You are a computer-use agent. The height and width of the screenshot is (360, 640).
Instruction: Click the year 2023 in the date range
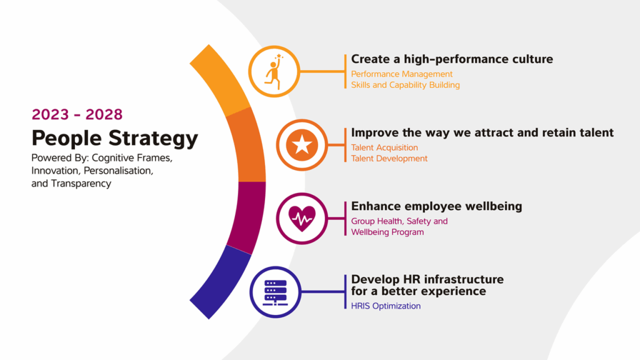tap(50, 114)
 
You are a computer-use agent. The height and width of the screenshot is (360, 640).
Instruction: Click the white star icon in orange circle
tap(302, 145)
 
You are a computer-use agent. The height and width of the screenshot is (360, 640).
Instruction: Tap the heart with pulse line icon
tap(302, 218)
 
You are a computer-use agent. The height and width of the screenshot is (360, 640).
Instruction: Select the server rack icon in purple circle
tap(272, 291)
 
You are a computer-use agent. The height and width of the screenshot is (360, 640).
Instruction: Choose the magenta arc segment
tap(246, 216)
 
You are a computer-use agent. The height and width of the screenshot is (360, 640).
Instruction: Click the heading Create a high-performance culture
tap(452, 59)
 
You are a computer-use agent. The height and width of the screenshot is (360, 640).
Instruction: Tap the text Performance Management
tap(401, 74)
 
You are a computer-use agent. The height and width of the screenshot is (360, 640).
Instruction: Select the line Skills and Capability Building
tap(405, 84)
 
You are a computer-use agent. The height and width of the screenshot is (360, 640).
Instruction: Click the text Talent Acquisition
tap(384, 147)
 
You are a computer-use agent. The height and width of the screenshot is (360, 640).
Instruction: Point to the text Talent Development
tap(389, 158)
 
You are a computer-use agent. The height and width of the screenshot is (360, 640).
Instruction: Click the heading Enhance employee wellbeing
tap(436, 206)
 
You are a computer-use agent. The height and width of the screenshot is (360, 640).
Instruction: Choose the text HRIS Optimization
tap(386, 306)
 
